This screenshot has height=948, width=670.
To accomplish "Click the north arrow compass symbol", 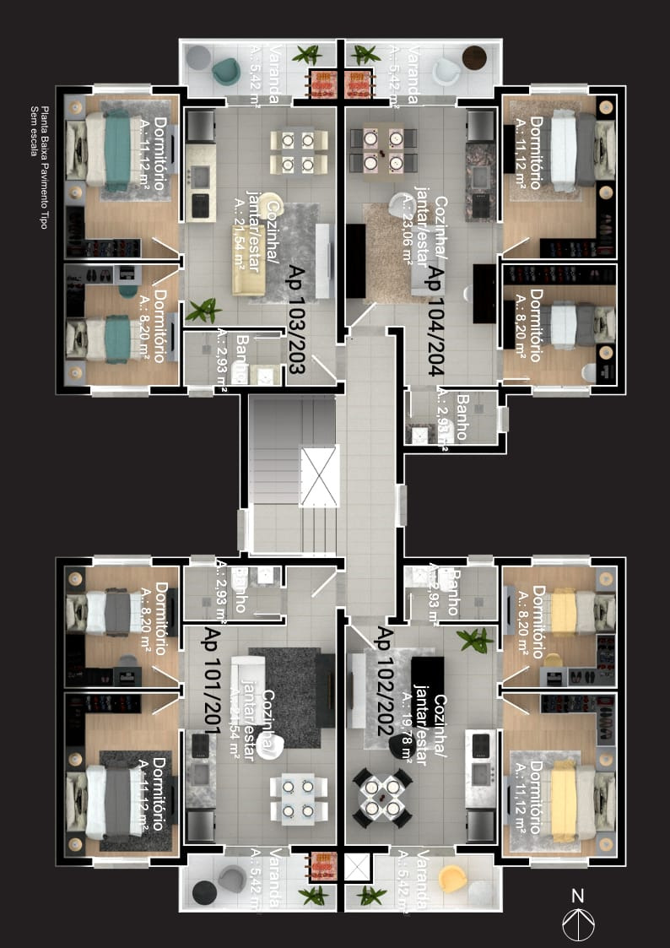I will pyautogui.click(x=580, y=924).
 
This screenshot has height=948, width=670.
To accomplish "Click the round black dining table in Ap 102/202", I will pyautogui.click(x=381, y=797).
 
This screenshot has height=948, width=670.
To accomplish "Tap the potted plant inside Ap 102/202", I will pyautogui.click(x=475, y=640).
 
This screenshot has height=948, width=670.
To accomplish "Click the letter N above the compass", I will pyautogui.click(x=577, y=896).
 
